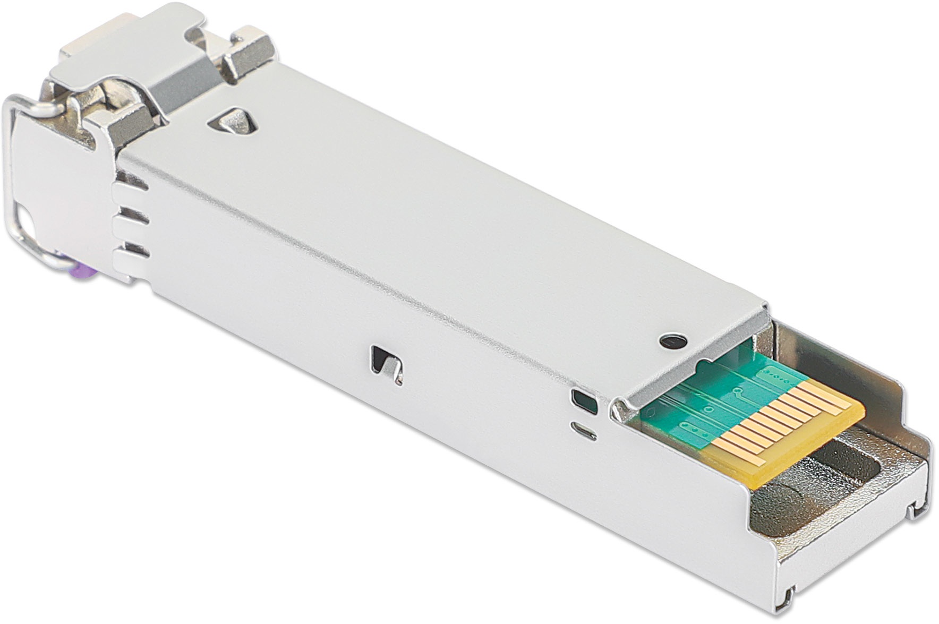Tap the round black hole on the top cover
click(x=672, y=341)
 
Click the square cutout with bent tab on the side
click(x=387, y=363)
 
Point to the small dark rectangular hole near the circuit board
click(x=585, y=401)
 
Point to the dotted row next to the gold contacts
click(x=781, y=379)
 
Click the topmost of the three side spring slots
click(x=132, y=182)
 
